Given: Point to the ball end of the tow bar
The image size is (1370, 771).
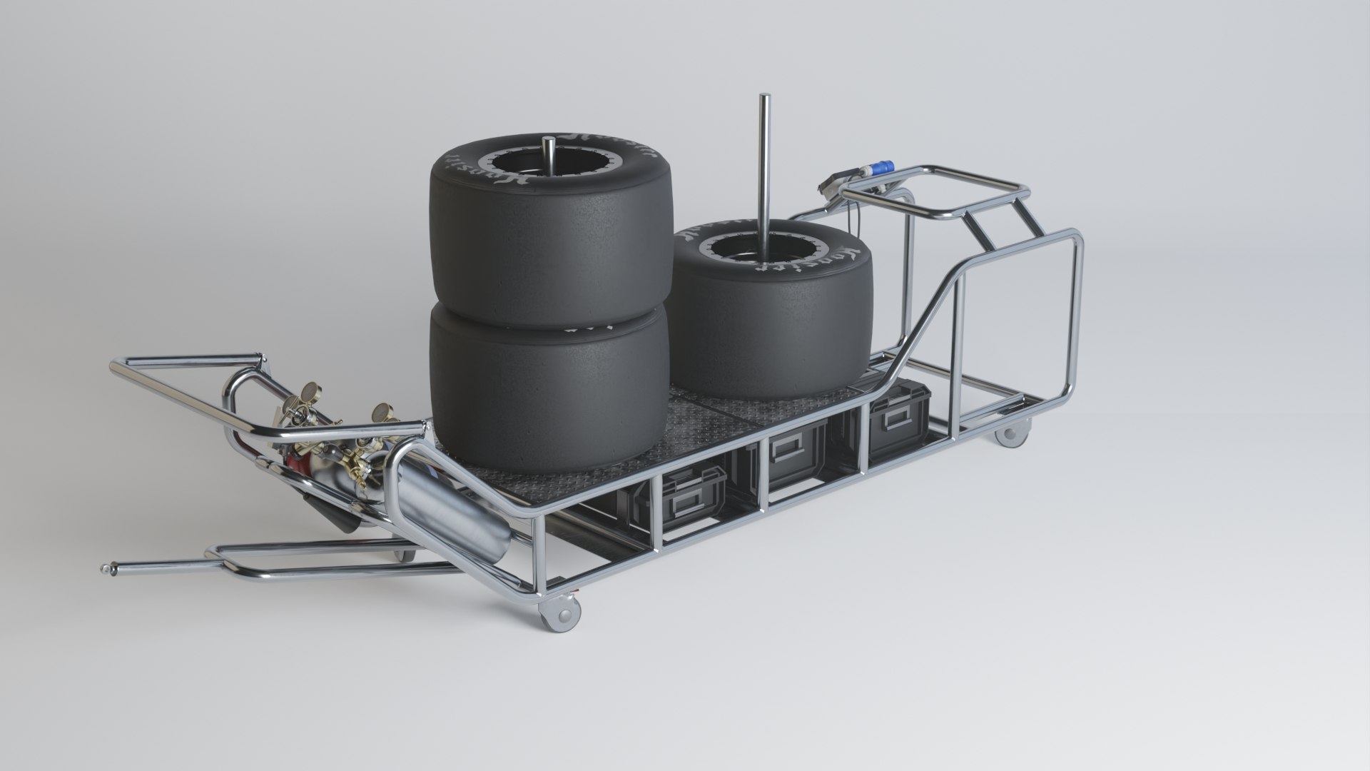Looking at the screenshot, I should click(106, 570).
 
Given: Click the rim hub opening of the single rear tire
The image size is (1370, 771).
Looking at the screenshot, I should click(749, 250).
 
